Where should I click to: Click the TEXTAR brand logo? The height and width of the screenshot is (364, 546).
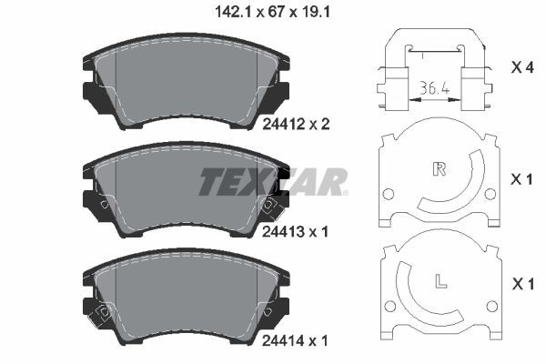pos(273,182)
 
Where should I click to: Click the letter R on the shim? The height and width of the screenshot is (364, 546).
pos(440,168)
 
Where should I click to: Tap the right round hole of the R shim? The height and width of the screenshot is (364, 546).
pos(491,194)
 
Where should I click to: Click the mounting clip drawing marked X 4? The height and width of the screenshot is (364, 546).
pos(433,68)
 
